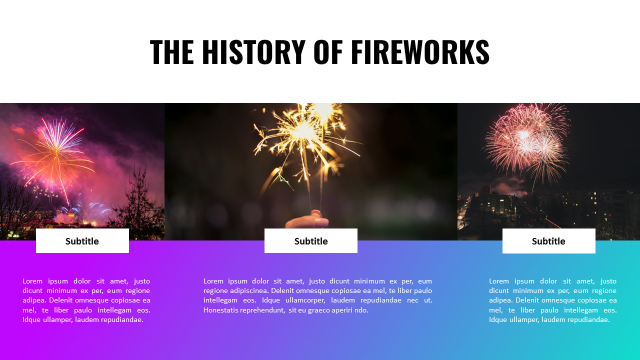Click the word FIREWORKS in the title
tap(420, 52)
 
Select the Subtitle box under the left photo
tap(82, 241)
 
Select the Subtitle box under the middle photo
tap(311, 241)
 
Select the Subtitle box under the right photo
tap(548, 241)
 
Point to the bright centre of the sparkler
tap(303, 131)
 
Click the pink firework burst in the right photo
tap(525, 137)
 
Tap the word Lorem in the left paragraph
tap(32, 281)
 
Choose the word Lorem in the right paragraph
tap(499, 281)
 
